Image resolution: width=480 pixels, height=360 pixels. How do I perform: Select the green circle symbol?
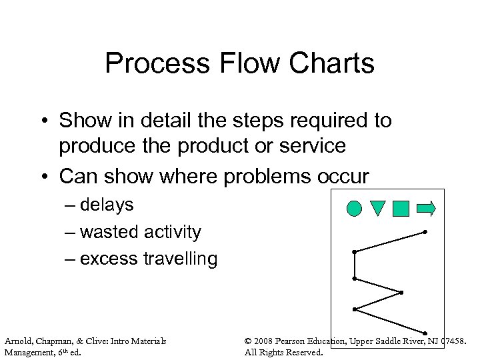pyautogui.click(x=355, y=209)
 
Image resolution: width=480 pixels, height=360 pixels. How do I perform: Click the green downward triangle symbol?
pyautogui.click(x=377, y=209)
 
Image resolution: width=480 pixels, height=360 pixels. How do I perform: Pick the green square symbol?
pyautogui.click(x=401, y=209)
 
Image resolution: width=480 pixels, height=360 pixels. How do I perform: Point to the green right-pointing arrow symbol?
pyautogui.click(x=425, y=209)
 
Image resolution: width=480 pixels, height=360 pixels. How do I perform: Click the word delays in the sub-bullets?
pyautogui.click(x=106, y=205)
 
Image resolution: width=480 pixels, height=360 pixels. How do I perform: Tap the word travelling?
pyautogui.click(x=179, y=259)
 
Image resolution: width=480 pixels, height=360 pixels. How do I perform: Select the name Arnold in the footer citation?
pyautogui.click(x=19, y=341)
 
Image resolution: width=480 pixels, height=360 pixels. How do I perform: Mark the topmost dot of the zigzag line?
pyautogui.click(x=425, y=232)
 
